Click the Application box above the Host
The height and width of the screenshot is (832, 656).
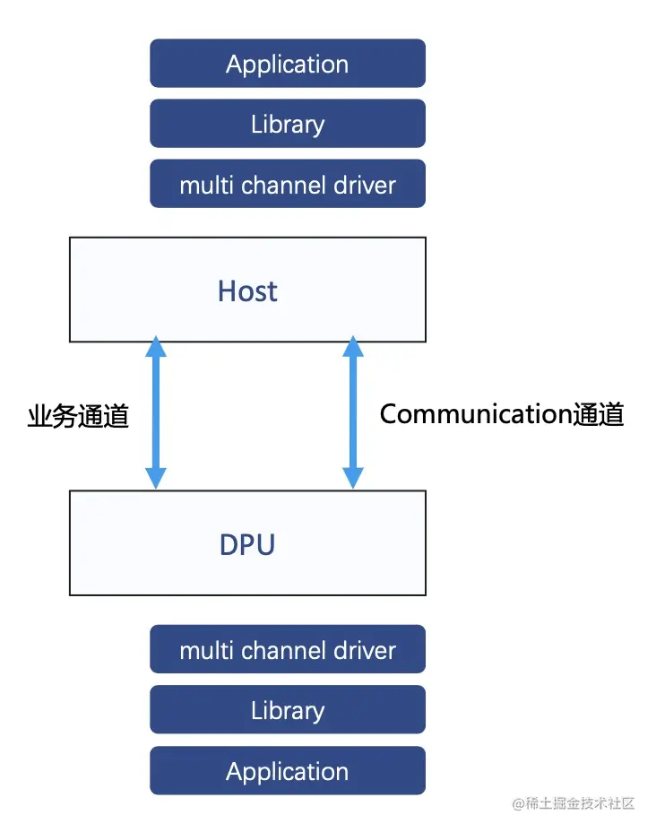(287, 64)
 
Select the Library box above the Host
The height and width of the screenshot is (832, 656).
(287, 124)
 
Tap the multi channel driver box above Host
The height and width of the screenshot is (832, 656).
(287, 185)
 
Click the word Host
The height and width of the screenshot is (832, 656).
(247, 290)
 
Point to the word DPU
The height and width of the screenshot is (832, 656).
(247, 544)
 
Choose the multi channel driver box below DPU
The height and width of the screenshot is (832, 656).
(287, 650)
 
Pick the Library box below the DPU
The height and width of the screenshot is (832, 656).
(287, 710)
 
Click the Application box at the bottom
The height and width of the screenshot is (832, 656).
(287, 771)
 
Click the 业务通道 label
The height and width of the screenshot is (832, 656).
(78, 416)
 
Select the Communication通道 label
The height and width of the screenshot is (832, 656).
(501, 413)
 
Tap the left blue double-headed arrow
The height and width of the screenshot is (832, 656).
(156, 413)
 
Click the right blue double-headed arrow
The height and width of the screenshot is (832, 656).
(353, 413)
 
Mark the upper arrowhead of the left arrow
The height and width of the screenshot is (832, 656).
(156, 347)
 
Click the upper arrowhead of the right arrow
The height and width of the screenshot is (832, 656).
(353, 347)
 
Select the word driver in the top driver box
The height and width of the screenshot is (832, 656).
(363, 185)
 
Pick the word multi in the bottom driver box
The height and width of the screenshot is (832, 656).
(204, 650)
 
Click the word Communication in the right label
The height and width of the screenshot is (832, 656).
(475, 413)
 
